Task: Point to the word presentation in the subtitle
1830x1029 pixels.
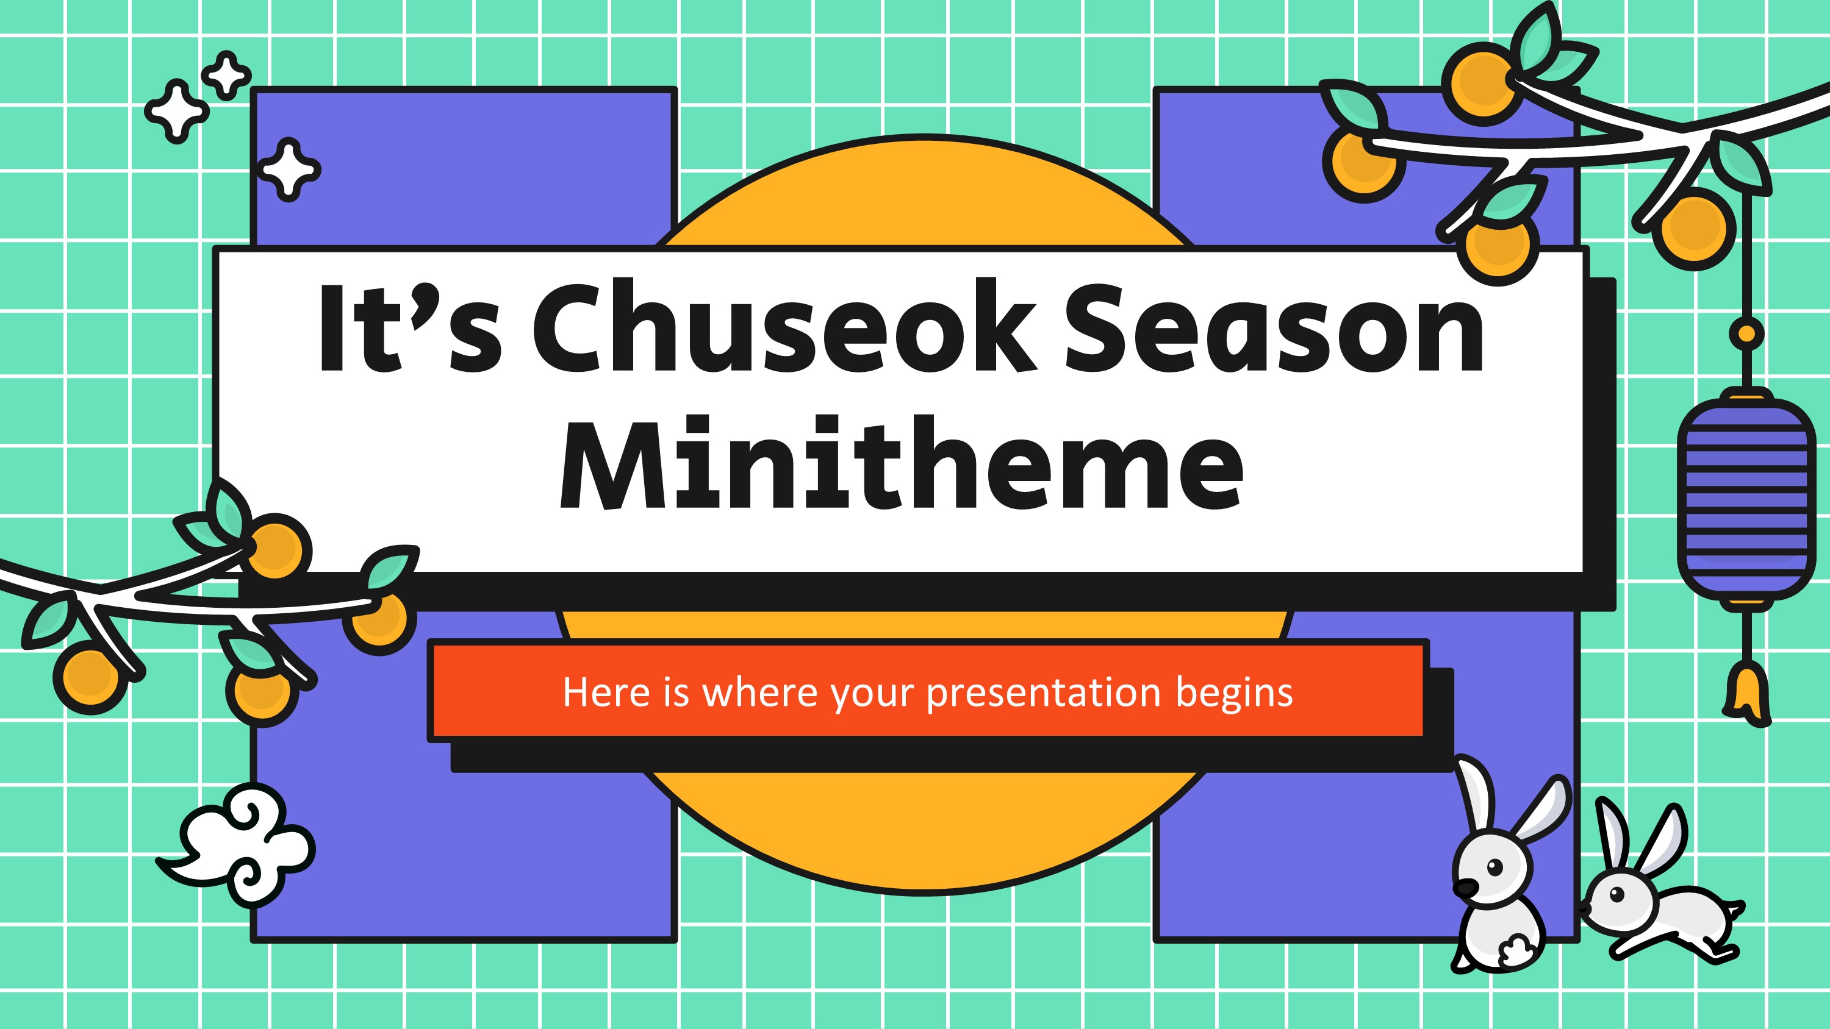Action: point(1044,693)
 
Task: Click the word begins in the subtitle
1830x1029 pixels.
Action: point(1234,693)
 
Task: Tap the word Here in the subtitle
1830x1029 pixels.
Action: point(606,692)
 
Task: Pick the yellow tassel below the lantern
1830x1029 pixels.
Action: point(1747,693)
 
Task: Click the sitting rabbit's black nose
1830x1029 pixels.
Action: point(1464,887)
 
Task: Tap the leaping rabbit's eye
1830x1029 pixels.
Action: point(1618,893)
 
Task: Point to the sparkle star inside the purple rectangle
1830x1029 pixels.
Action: point(289,169)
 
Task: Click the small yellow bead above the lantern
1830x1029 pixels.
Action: point(1746,333)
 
